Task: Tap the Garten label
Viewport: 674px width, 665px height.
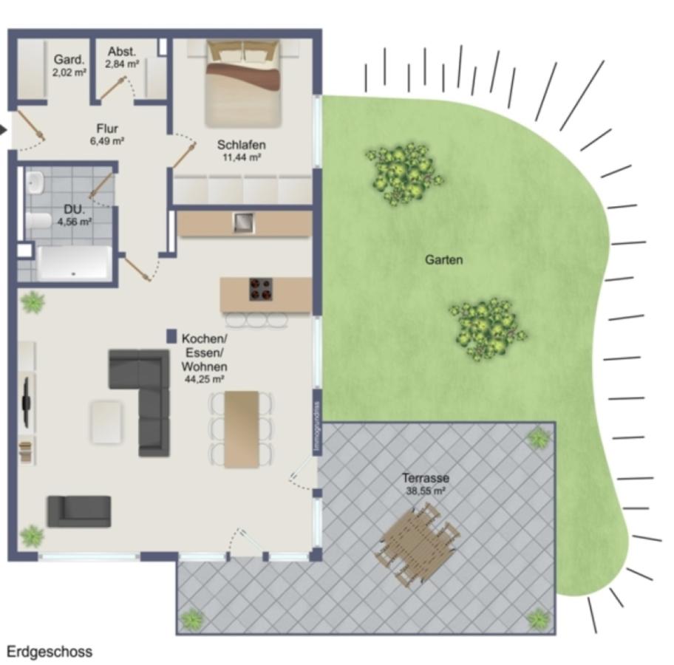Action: pyautogui.click(x=443, y=260)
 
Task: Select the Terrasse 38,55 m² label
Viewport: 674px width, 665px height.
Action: pyautogui.click(x=426, y=483)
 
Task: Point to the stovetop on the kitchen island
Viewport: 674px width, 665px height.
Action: pyautogui.click(x=260, y=289)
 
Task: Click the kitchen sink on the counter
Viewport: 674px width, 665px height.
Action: pyautogui.click(x=243, y=222)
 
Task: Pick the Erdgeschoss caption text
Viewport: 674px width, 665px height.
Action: pyautogui.click(x=50, y=651)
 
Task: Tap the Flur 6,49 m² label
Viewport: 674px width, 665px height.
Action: pyautogui.click(x=107, y=134)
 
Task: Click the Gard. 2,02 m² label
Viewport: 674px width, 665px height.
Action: pyautogui.click(x=69, y=66)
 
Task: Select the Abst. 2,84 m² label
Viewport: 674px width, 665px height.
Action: pyautogui.click(x=122, y=58)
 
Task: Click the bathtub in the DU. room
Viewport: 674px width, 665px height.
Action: pyautogui.click(x=74, y=263)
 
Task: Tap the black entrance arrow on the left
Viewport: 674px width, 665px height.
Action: pyautogui.click(x=4, y=131)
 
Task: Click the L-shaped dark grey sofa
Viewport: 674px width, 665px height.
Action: pyautogui.click(x=144, y=392)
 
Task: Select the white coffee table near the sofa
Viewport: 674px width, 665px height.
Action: pyautogui.click(x=106, y=421)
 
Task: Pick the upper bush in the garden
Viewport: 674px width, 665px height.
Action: pyautogui.click(x=403, y=174)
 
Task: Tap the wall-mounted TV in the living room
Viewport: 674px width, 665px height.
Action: pyautogui.click(x=27, y=403)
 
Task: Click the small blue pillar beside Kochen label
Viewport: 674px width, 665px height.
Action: pyautogui.click(x=171, y=336)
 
